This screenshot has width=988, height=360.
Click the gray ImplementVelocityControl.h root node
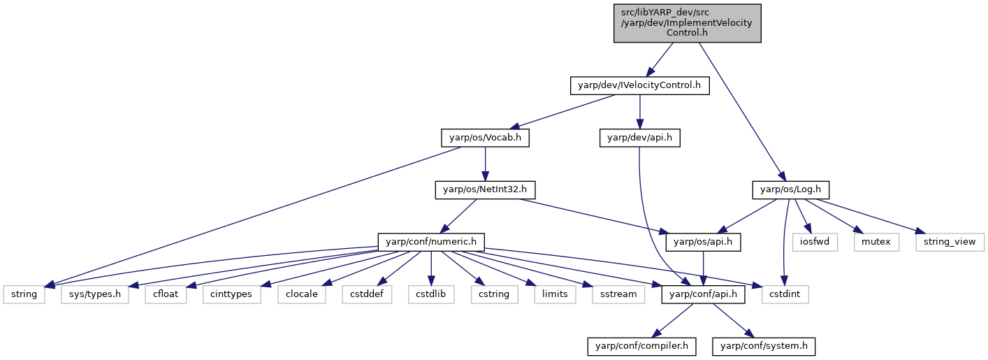(x=687, y=23)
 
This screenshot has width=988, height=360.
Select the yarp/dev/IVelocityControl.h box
(x=639, y=85)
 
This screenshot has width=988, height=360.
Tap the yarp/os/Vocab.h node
(x=485, y=138)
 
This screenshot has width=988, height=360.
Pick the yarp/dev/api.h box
(x=639, y=138)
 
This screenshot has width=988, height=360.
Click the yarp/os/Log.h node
(x=790, y=190)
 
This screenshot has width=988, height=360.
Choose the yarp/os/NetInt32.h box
(x=485, y=190)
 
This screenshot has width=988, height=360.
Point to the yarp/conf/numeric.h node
(x=431, y=242)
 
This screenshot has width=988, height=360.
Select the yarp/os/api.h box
(x=703, y=242)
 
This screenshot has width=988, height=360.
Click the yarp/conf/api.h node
(x=703, y=294)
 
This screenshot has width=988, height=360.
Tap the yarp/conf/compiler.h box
(x=641, y=346)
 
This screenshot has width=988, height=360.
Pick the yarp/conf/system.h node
(x=764, y=346)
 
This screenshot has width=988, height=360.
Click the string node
(x=24, y=294)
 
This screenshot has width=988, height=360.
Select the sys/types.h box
(x=95, y=294)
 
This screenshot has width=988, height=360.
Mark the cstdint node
(x=785, y=294)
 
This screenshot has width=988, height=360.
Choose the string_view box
(x=950, y=242)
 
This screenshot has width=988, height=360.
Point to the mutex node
(x=876, y=242)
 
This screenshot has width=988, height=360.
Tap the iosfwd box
(x=815, y=242)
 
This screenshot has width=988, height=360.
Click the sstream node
(x=618, y=294)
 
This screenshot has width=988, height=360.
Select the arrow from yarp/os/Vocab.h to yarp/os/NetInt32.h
(x=485, y=164)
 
